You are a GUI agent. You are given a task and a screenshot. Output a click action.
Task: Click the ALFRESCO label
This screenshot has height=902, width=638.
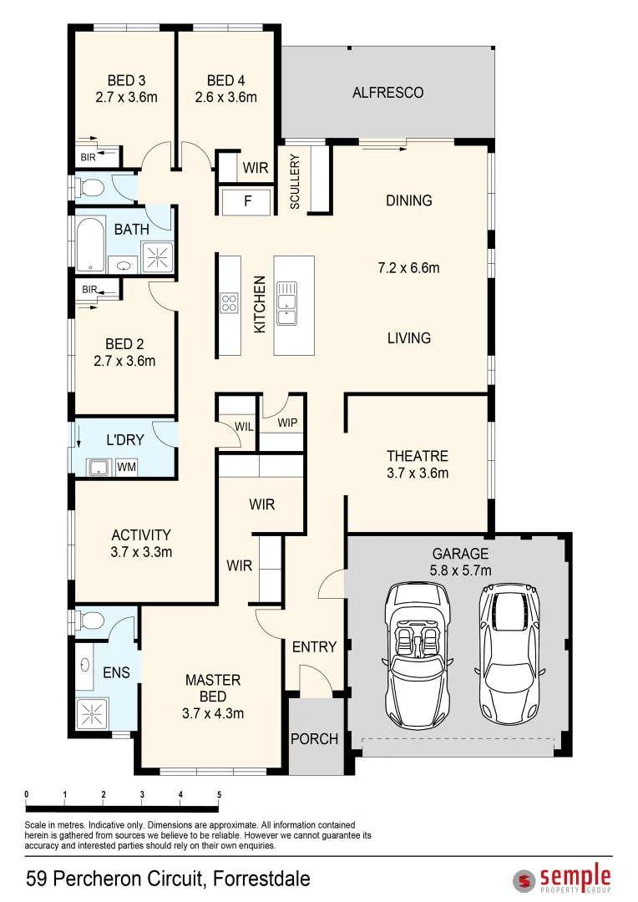[x=387, y=93]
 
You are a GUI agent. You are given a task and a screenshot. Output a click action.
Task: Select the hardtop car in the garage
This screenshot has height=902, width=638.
[x=509, y=655]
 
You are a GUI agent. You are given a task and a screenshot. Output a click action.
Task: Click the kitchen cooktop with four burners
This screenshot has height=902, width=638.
[x=229, y=302]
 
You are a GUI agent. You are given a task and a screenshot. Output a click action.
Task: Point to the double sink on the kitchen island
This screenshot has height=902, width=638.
[x=286, y=302]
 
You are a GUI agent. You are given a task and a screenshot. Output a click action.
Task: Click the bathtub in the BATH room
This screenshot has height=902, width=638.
[x=91, y=244]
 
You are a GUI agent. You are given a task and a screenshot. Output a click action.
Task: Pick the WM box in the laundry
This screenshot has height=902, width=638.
[x=127, y=467]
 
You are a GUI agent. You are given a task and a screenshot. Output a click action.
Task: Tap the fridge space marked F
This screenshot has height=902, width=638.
[x=247, y=200]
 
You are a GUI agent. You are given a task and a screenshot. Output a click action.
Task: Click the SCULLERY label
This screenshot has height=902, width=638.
[x=295, y=181]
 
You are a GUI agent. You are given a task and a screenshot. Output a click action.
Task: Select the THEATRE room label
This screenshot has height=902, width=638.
[x=417, y=456]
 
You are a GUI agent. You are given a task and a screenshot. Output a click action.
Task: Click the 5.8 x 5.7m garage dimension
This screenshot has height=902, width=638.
[x=460, y=570]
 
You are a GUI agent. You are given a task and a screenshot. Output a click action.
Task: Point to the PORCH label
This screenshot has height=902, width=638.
[x=314, y=738]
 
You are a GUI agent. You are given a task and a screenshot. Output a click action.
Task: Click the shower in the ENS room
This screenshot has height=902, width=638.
[x=91, y=714]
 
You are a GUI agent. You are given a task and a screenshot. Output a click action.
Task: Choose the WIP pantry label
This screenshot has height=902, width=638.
[x=287, y=423]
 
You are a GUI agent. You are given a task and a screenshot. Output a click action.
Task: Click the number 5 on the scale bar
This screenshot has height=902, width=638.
[x=219, y=794]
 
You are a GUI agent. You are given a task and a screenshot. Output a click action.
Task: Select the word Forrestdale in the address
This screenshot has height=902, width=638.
[x=261, y=879]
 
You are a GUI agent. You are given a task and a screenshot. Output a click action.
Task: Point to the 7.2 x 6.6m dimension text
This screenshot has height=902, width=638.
[x=408, y=268]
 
